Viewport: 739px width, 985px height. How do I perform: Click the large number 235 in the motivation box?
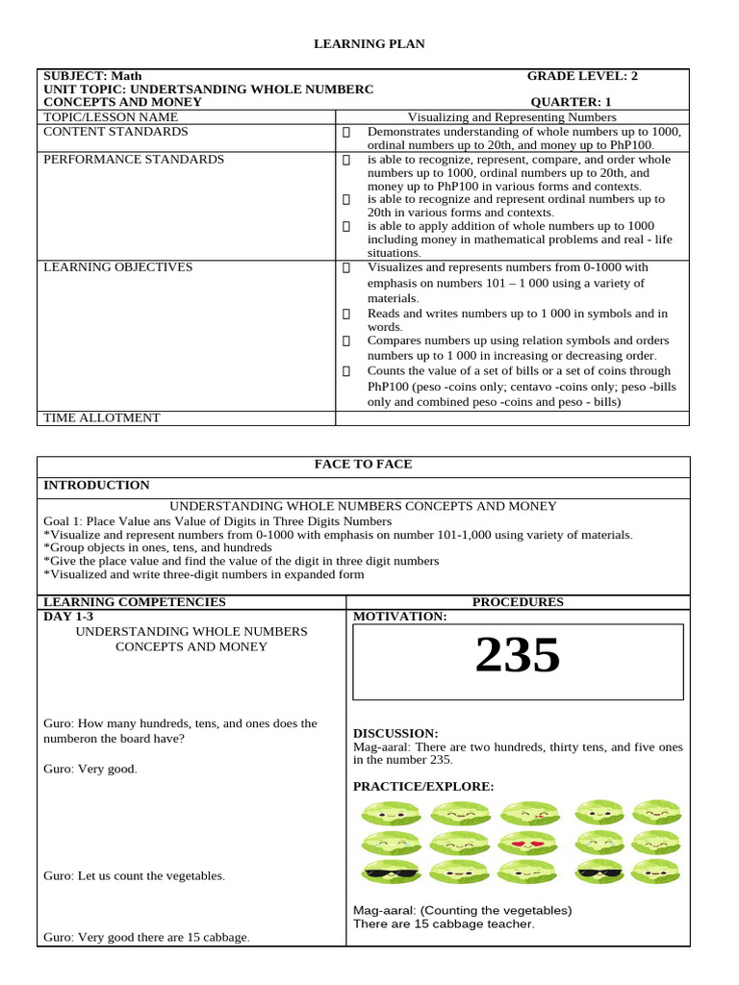pos(518,657)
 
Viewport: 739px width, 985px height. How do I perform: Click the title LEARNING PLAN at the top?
pos(369,44)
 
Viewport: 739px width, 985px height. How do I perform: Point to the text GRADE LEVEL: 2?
pos(582,76)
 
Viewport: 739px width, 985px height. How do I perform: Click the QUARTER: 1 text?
pos(571,102)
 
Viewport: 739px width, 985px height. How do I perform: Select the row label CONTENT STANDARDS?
pos(115,132)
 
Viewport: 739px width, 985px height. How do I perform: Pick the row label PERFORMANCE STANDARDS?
pos(134,159)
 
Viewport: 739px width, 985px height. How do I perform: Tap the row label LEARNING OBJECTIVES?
pos(118,267)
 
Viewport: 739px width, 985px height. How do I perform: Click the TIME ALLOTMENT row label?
pos(102,417)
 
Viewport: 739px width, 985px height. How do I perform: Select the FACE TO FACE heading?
pos(363,465)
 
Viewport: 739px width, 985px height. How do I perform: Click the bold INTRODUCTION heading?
pos(96,486)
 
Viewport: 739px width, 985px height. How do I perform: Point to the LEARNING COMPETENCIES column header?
pos(135,602)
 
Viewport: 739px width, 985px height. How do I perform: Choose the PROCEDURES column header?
pos(518,602)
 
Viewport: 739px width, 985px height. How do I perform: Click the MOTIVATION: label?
pos(399,616)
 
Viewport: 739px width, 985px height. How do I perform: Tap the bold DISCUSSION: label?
pos(395,733)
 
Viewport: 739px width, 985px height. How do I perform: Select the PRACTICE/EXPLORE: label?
pos(423,786)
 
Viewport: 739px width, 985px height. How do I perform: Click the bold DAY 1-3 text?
pos(68,616)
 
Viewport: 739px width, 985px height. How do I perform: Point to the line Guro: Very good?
pos(90,769)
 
